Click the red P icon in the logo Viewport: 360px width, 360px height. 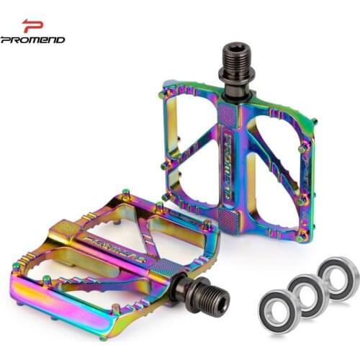(32, 26)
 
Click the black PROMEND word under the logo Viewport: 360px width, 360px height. (33, 40)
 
